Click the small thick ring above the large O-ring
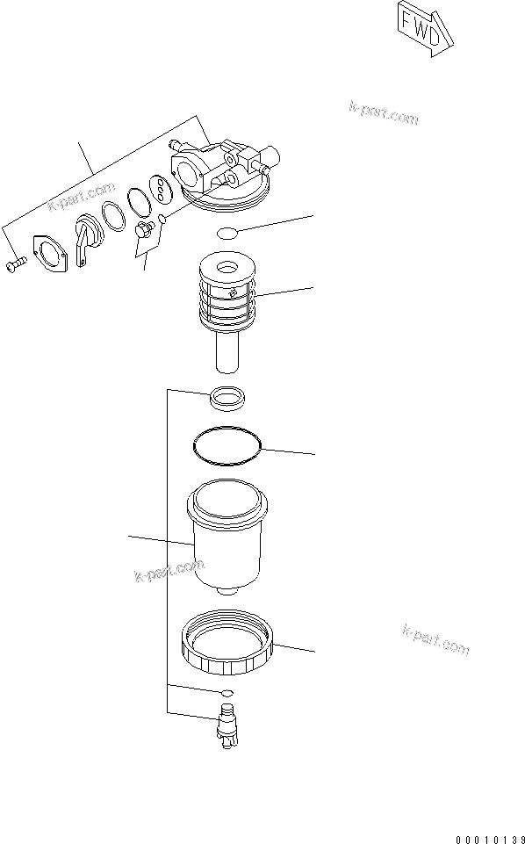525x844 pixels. (x=227, y=398)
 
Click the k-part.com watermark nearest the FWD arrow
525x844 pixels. (x=383, y=112)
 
